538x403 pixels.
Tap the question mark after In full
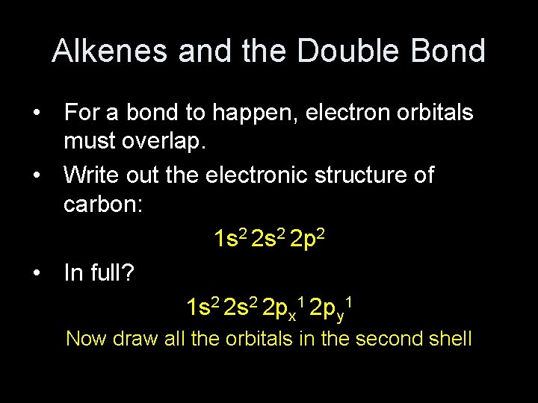coord(129,273)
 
